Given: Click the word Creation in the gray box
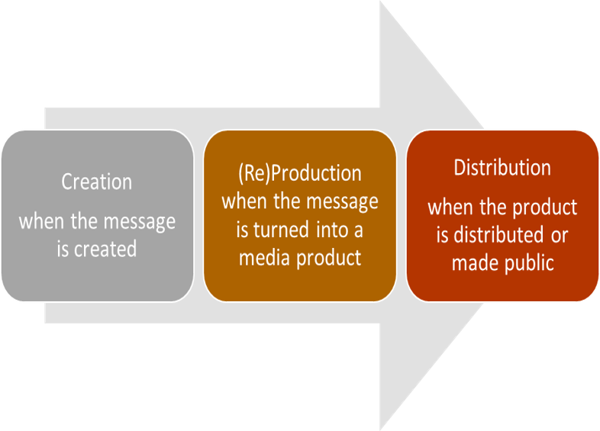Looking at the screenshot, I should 97,182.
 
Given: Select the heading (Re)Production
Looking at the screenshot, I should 299,173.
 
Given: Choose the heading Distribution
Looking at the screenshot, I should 502,168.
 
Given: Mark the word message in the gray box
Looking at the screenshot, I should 140,222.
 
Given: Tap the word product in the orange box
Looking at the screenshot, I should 328,257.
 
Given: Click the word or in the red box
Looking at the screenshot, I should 559,235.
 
